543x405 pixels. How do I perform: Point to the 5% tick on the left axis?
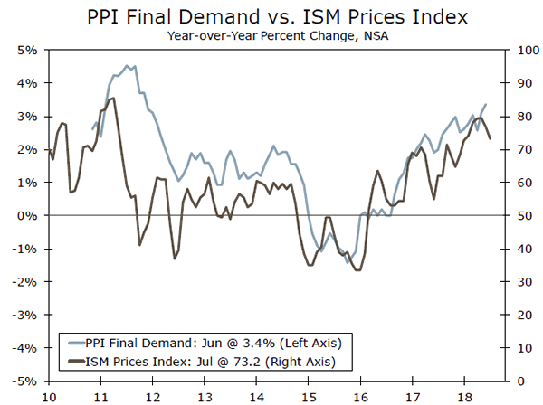tap(25, 50)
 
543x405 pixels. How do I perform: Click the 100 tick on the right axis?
tap(519, 50)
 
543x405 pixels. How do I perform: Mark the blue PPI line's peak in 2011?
tap(127, 65)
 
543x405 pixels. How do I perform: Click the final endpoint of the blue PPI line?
tap(486, 104)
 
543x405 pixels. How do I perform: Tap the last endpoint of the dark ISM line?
tap(491, 138)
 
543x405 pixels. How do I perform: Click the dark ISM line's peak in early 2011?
tap(112, 98)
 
